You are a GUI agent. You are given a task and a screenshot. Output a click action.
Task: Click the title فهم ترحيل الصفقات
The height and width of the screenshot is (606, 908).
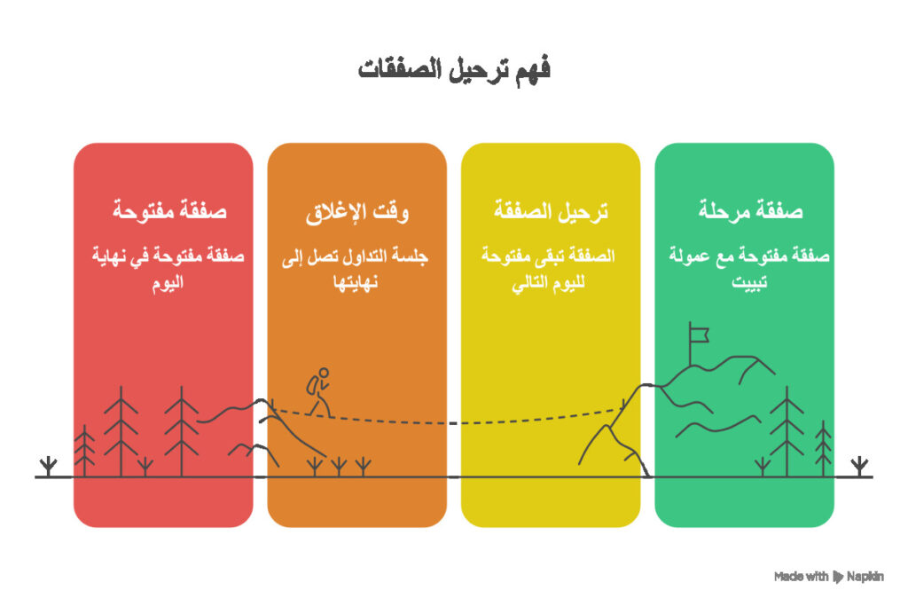454,70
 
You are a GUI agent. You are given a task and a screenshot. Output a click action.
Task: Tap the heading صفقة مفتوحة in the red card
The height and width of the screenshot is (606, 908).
163,211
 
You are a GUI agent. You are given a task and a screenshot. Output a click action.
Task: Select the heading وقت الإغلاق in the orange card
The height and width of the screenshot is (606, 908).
356,211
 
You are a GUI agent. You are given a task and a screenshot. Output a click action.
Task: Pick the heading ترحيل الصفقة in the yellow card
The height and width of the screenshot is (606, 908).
551,211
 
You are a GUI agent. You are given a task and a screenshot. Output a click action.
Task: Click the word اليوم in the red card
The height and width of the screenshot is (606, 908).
163,285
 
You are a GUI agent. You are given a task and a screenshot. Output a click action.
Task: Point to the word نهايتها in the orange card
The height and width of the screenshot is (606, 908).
356,285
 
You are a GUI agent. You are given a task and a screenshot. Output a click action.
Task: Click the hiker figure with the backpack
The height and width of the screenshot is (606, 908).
318,391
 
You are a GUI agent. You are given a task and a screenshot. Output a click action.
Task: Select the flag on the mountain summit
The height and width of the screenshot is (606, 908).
700,334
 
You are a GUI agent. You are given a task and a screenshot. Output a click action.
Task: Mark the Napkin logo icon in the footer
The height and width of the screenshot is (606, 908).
838,577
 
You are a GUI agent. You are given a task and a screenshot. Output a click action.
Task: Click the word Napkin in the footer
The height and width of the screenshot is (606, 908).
865,577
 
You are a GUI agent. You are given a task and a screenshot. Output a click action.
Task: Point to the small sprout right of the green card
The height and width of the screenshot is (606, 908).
857,465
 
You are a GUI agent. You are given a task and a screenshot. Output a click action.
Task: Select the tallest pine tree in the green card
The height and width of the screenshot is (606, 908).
786,430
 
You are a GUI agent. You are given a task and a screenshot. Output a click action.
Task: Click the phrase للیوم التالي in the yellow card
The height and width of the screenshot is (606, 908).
550,285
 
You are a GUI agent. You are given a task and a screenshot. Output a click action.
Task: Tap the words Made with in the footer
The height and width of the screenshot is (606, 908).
801,577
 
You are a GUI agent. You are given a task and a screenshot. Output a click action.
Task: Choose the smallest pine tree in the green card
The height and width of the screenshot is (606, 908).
824,448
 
